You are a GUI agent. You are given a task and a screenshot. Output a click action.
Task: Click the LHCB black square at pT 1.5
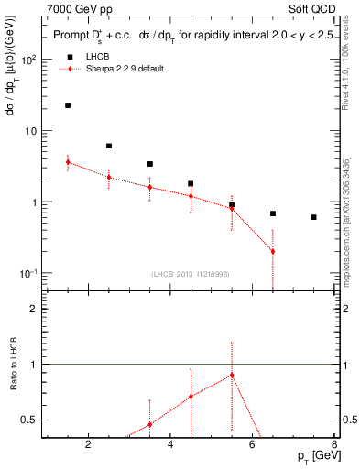68,105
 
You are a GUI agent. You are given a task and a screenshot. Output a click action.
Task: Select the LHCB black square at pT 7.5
313,217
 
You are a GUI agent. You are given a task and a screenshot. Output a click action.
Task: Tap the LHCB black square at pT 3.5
149,164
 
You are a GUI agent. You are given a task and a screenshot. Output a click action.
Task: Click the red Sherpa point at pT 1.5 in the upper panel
68,161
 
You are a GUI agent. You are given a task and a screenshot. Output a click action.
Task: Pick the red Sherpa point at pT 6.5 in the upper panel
273,251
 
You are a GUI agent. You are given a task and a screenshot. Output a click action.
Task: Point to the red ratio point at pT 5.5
232,375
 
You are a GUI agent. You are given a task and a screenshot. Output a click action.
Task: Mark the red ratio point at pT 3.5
149,424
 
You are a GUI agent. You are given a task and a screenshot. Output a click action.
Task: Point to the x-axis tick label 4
169,447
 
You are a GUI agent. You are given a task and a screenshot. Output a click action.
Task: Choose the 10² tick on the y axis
30,60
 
